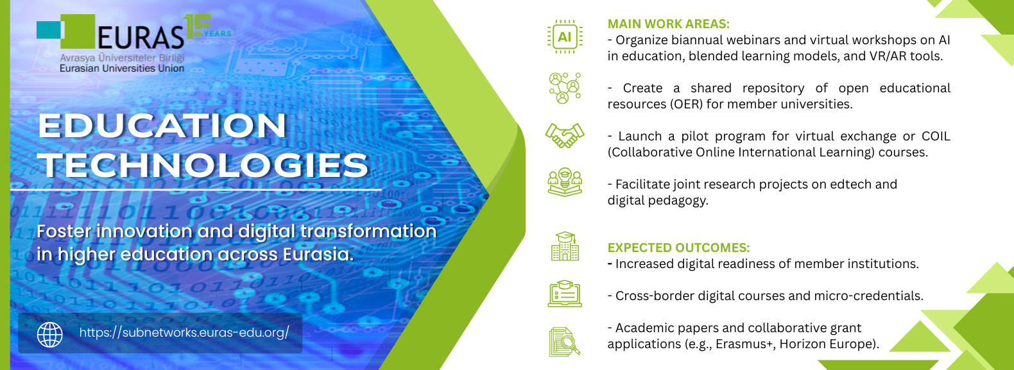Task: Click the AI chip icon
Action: (x=565, y=37)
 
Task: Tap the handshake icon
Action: (x=565, y=136)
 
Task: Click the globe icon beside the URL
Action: (x=50, y=335)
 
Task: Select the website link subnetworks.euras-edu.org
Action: (x=184, y=333)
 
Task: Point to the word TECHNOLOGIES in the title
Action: (x=203, y=165)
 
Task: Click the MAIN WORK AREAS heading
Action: (x=669, y=24)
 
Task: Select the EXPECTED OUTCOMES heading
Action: (x=678, y=248)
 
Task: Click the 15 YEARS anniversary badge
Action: (x=207, y=27)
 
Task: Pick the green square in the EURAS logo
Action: (x=78, y=31)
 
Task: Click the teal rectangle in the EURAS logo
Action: (x=48, y=30)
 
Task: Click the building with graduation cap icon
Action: (x=565, y=246)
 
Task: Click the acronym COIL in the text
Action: (x=936, y=136)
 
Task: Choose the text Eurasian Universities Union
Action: (x=122, y=69)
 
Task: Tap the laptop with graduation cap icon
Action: (x=565, y=294)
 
